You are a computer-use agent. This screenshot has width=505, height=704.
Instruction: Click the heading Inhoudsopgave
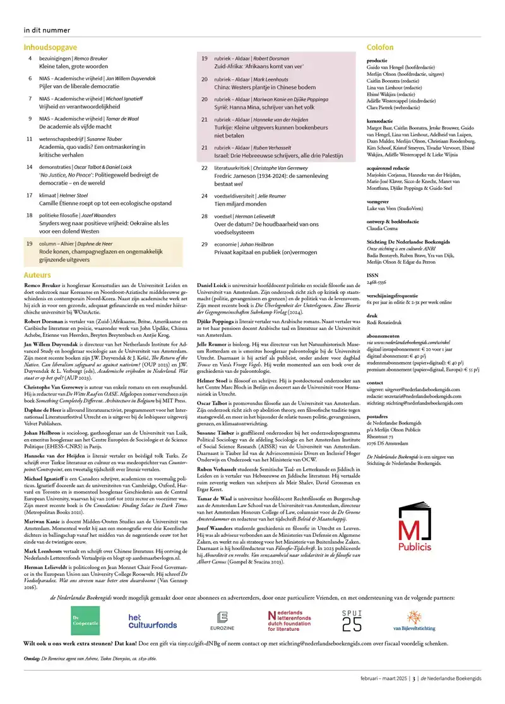click(x=50, y=47)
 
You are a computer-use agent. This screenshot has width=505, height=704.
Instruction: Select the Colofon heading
click(x=380, y=47)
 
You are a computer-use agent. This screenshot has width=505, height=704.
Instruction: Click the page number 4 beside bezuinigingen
click(x=30, y=58)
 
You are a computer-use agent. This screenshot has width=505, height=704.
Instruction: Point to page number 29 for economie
click(x=205, y=243)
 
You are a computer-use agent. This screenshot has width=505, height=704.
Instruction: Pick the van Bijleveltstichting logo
click(x=413, y=621)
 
